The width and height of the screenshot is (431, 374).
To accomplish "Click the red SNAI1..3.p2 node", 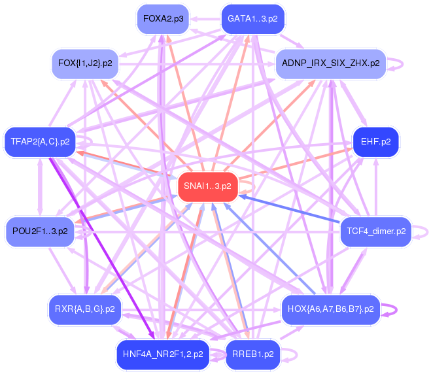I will click(x=207, y=186).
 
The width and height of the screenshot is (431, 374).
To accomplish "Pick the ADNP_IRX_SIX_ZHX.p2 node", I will click(x=330, y=64).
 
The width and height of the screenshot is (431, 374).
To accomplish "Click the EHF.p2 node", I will click(x=375, y=141).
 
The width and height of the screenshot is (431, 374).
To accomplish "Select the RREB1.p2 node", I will click(x=252, y=355).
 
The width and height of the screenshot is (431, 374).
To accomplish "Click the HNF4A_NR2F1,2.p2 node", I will click(x=163, y=355).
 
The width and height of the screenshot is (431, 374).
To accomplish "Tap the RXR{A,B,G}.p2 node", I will click(x=85, y=309).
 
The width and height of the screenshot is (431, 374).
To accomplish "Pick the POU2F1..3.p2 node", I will click(x=40, y=231).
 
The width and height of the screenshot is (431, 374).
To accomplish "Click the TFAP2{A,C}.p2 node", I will click(x=41, y=141).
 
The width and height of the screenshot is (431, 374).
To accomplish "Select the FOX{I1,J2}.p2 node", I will click(x=85, y=64).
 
